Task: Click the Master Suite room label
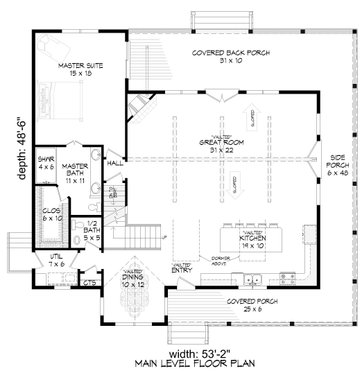73,67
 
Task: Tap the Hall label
115,160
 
